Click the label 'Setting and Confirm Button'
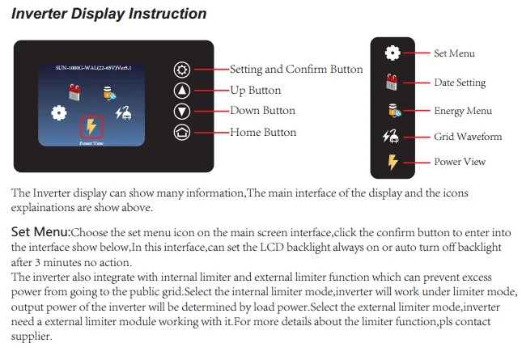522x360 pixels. (296, 70)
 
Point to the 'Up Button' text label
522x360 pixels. (255, 91)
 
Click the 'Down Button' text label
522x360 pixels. (262, 111)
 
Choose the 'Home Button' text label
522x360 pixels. (263, 132)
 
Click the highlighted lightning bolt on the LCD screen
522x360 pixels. (91, 127)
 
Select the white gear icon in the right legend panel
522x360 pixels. (393, 53)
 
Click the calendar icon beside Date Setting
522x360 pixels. (393, 82)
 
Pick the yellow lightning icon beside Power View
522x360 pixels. (393, 162)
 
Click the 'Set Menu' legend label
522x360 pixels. (454, 53)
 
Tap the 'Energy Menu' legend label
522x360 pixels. (463, 111)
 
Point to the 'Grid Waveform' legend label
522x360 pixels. (468, 137)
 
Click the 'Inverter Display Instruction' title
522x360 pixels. (108, 14)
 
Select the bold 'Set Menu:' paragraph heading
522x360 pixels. (40, 232)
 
